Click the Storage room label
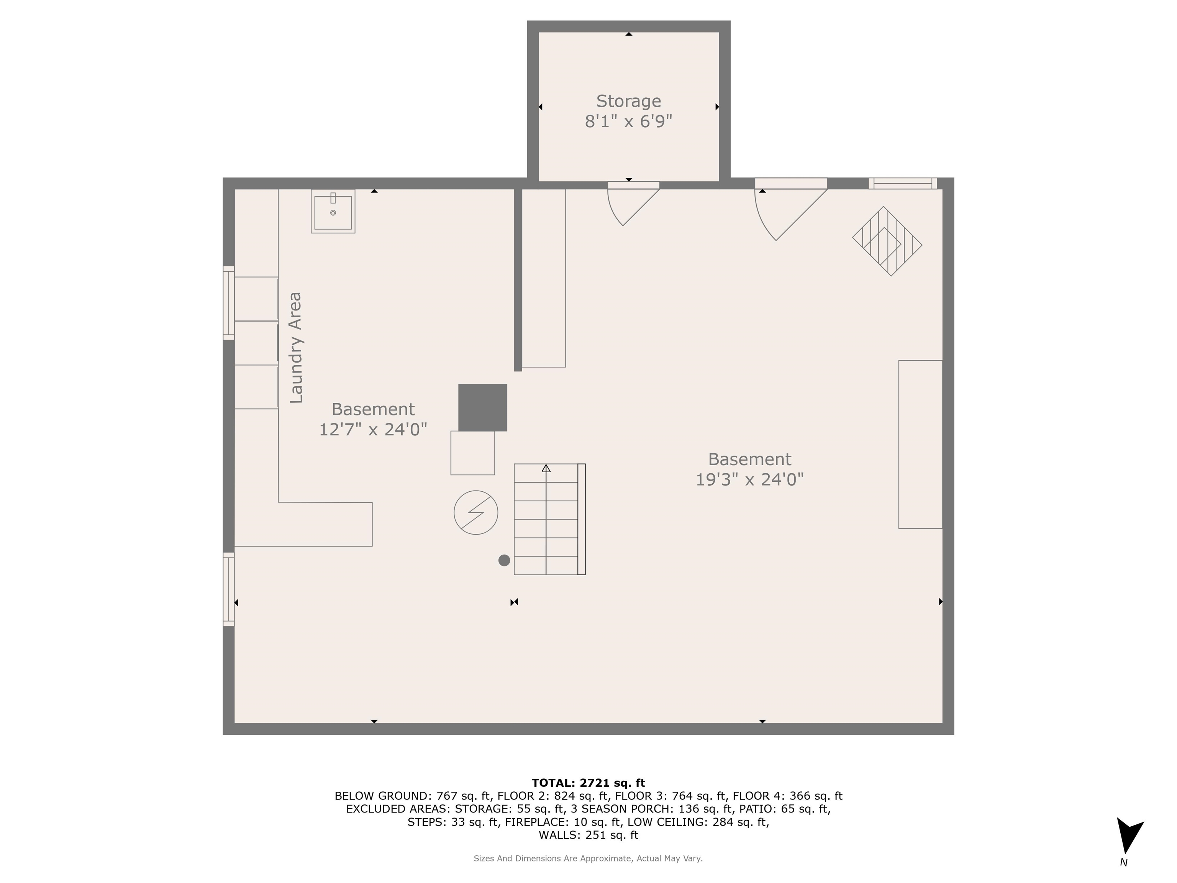(x=628, y=101)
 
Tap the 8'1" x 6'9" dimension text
(x=628, y=122)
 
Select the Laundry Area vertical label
(x=295, y=348)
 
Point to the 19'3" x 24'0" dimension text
(x=750, y=479)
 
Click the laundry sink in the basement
(x=333, y=211)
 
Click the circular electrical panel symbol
(x=476, y=512)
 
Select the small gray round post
(x=504, y=560)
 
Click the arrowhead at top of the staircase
(x=546, y=468)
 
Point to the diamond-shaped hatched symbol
(x=887, y=241)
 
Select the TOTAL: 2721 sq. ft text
(x=588, y=783)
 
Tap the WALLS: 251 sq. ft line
(x=588, y=835)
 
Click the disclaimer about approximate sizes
(x=588, y=858)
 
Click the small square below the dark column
(x=472, y=453)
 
